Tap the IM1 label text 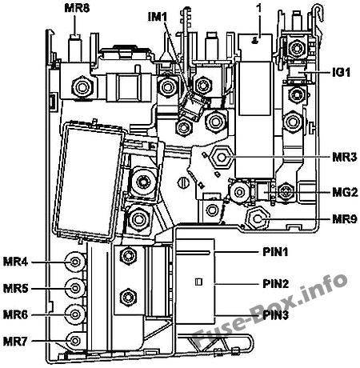[158, 18]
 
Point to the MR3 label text [345, 157]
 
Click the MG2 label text [345, 192]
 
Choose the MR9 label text [345, 219]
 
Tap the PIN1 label [275, 252]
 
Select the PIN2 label [276, 284]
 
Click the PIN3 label [276, 315]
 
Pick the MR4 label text [15, 262]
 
